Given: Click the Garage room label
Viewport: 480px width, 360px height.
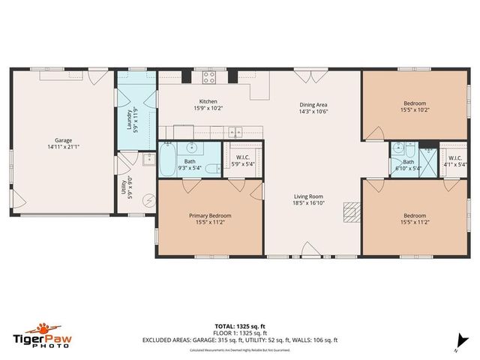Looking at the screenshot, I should point(63,143).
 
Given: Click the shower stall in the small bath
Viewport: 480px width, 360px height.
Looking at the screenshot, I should point(427,159).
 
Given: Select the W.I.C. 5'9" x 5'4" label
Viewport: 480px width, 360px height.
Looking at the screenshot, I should point(243,160).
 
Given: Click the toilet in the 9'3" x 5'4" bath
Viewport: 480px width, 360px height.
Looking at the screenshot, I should point(212,168).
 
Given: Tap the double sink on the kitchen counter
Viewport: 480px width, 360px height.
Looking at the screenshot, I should point(236,130).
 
